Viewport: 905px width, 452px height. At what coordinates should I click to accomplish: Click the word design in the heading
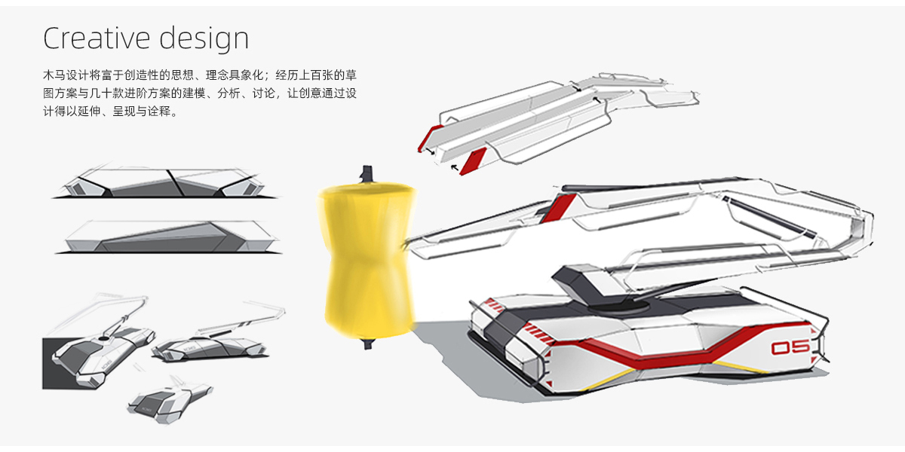(x=204, y=38)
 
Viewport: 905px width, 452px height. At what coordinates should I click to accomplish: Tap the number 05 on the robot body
(x=790, y=347)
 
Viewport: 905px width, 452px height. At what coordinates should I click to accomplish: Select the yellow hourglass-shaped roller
(x=367, y=261)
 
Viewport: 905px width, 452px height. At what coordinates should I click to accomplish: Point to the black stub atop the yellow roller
(x=367, y=174)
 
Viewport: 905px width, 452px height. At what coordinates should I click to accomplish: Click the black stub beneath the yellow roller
(x=368, y=344)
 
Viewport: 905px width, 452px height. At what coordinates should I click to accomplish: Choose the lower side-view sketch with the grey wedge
(x=168, y=237)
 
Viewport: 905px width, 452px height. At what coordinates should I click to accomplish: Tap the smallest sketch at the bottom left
(x=170, y=400)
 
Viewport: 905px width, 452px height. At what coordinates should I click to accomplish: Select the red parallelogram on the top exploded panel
(x=473, y=161)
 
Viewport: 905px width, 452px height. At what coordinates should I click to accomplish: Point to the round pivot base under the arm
(x=618, y=307)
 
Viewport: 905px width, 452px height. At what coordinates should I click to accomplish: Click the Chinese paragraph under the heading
(x=200, y=93)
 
